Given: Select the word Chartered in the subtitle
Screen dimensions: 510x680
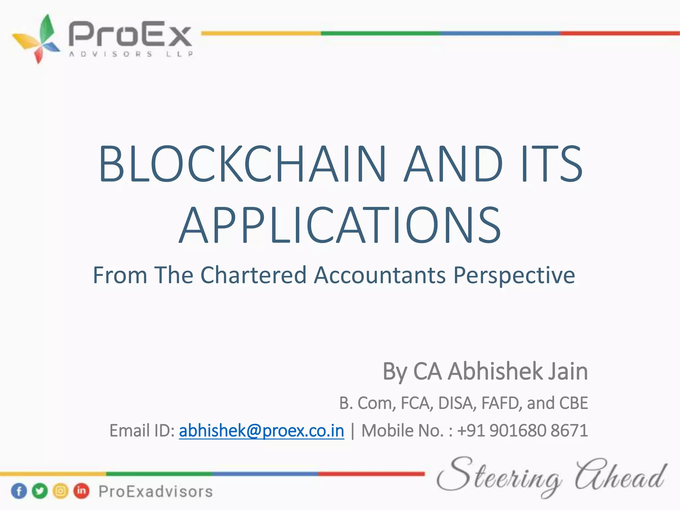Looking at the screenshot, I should point(253,275).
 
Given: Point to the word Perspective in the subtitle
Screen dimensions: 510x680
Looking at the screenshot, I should point(514,276).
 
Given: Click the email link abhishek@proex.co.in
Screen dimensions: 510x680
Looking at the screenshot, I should point(261,431).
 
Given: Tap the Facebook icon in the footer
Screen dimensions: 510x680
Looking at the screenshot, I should point(19,491).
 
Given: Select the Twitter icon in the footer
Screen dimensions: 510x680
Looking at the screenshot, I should point(40,491).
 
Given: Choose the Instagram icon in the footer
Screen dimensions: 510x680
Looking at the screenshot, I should point(60,491).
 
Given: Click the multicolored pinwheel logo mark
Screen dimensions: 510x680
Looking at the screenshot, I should point(37,39).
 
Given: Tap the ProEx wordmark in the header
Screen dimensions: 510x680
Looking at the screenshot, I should point(130,34).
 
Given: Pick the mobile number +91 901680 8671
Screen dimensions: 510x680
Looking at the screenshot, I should point(522,431).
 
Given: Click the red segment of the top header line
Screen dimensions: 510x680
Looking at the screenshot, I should point(620,33).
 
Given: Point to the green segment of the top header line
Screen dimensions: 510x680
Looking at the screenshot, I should point(381,33).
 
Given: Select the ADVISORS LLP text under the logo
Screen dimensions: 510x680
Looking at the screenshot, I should point(130,54).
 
